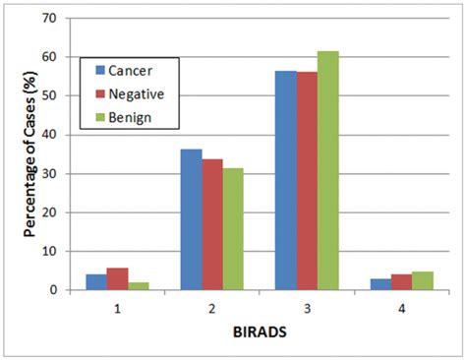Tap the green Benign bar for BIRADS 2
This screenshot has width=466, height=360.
(233, 229)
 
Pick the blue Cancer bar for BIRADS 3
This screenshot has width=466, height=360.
(285, 181)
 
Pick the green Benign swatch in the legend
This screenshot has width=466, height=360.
(100, 117)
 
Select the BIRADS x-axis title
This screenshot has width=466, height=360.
(260, 331)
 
